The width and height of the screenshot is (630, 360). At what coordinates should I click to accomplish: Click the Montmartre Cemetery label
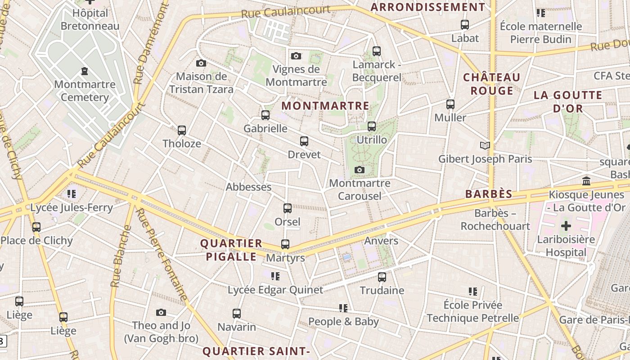tap(85, 91)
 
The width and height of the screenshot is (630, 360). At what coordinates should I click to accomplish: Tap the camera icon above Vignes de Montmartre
tap(296, 56)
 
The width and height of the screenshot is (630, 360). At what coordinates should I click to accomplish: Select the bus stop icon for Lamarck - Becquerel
tap(377, 51)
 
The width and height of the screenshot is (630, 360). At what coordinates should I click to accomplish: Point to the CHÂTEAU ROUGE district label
tap(492, 84)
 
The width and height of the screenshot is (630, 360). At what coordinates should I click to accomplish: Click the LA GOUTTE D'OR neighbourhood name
tap(568, 102)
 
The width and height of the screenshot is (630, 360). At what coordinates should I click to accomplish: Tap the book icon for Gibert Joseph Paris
tap(485, 145)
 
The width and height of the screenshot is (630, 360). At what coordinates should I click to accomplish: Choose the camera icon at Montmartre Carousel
tap(359, 170)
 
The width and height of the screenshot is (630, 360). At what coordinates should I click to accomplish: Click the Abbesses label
tap(248, 187)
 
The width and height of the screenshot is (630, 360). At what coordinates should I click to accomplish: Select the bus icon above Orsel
tap(287, 208)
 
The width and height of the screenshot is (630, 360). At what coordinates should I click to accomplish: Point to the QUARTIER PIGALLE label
tap(231, 250)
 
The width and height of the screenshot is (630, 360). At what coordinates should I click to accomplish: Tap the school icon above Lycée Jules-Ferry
tap(71, 194)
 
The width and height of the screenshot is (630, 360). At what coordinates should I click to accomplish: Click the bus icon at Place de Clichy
tap(36, 227)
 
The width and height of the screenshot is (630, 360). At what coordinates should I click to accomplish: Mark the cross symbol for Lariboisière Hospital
tap(566, 225)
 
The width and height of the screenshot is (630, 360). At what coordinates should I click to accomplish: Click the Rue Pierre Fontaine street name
tap(162, 254)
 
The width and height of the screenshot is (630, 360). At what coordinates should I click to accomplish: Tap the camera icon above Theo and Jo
tap(161, 312)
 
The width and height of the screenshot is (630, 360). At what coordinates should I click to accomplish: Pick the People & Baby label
tap(343, 322)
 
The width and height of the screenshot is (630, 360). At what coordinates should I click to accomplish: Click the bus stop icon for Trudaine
tap(382, 277)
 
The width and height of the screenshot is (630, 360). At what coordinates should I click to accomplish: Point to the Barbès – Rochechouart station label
tap(495, 220)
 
